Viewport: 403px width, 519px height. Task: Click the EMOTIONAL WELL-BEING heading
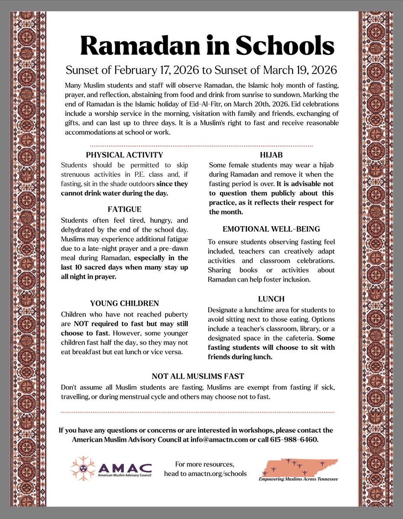(271, 229)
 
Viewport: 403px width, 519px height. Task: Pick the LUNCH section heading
(271, 299)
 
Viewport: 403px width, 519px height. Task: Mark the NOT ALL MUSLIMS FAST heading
(201, 376)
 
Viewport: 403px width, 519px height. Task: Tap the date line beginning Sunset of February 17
(201, 70)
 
